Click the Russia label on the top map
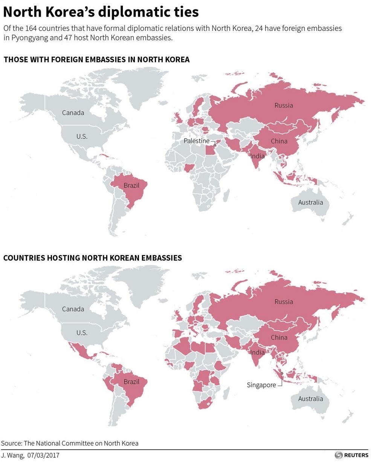(283, 106)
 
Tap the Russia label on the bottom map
(283, 302)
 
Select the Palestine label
(196, 141)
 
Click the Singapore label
(261, 385)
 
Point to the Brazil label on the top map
(131, 185)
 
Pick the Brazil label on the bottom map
(131, 382)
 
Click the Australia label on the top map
(310, 202)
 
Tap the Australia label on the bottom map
(310, 399)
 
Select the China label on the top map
(279, 141)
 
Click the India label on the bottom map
(257, 353)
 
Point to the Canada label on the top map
(73, 113)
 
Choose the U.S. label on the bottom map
(82, 333)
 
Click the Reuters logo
(351, 455)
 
